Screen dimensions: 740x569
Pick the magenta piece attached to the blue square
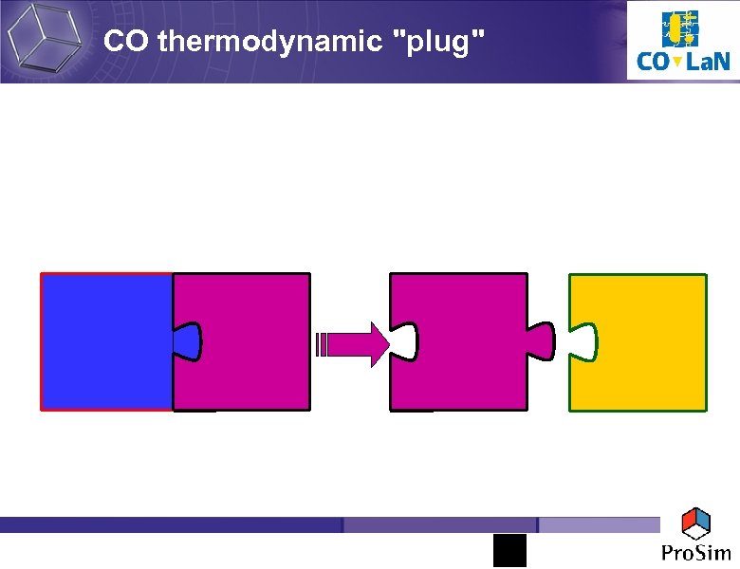pos(251,341)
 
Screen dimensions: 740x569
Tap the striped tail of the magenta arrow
pos(322,343)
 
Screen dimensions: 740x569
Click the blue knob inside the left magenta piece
pos(187,342)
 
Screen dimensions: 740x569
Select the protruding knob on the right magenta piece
pos(543,340)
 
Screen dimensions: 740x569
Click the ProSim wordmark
pos(697,552)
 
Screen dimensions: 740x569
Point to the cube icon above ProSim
pos(697,523)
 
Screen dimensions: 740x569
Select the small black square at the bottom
pos(509,550)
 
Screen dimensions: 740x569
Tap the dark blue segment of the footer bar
pos(171,524)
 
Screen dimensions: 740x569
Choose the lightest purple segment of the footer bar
pos(598,524)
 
